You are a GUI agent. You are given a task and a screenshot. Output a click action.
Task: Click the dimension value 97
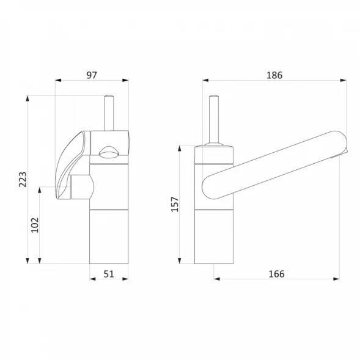[92, 75]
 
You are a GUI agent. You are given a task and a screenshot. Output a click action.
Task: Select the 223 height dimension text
[23, 179]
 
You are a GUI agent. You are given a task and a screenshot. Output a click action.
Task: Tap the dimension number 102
[35, 225]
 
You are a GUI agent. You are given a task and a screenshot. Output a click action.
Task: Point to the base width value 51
[109, 274]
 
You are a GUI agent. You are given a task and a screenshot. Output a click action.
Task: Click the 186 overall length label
[274, 75]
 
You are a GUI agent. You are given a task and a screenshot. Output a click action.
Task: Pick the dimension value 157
[175, 204]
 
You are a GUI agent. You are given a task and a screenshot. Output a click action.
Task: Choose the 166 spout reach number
[276, 274]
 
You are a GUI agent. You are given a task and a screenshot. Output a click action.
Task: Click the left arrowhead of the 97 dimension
[58, 80]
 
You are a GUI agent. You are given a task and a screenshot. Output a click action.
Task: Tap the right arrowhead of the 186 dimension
[343, 80]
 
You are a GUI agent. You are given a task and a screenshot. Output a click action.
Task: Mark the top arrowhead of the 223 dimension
[28, 98]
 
